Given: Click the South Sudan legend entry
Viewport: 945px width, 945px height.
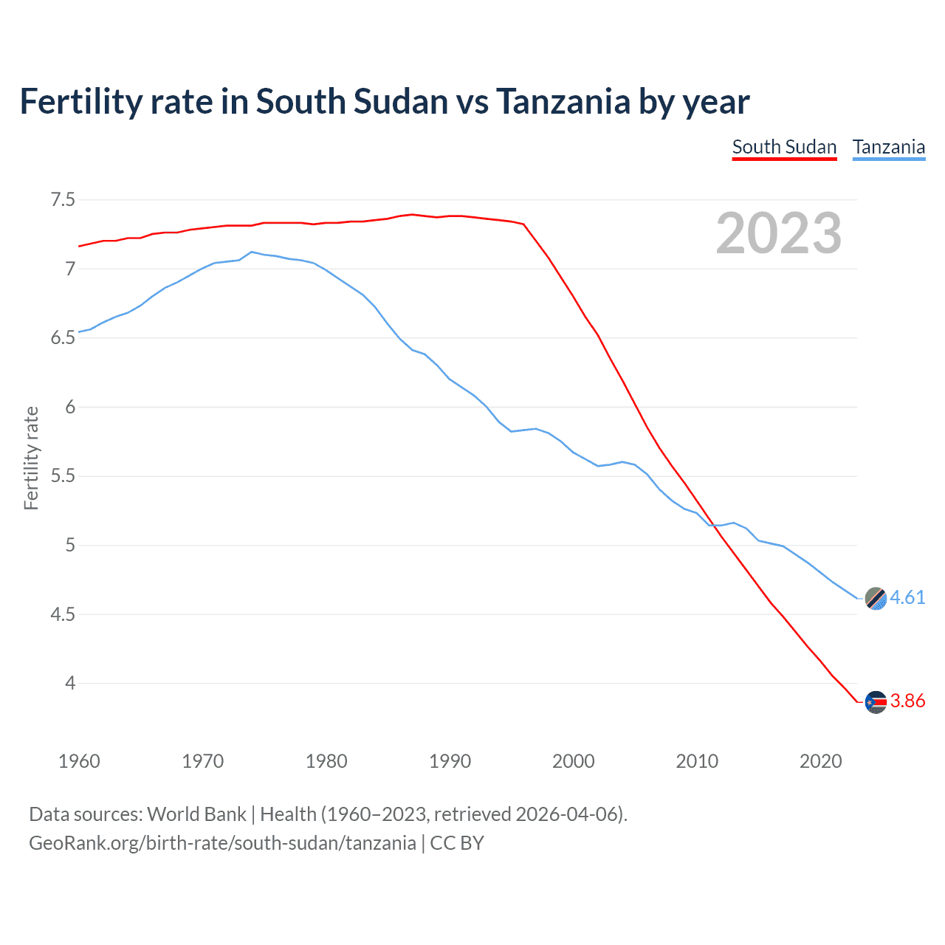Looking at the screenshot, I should (x=784, y=148).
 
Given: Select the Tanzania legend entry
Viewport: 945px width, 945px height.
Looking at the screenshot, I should (x=889, y=148).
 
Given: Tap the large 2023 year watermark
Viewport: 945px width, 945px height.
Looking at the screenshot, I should (x=779, y=233).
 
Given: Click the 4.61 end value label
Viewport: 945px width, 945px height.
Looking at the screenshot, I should (x=907, y=597).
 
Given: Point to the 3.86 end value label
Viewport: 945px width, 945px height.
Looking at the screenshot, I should (x=907, y=701).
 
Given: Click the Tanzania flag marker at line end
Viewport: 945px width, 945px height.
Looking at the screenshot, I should (x=876, y=599).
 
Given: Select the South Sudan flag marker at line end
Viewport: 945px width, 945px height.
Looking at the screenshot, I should (x=876, y=702).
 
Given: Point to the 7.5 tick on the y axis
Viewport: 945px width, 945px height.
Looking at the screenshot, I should (x=63, y=200).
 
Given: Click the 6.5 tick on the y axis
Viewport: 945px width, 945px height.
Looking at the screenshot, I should (x=63, y=338).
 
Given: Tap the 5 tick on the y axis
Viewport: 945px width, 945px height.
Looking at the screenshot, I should (x=70, y=546).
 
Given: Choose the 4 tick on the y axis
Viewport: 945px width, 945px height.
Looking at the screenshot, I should (x=70, y=684).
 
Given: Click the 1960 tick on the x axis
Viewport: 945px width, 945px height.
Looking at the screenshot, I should (x=79, y=761).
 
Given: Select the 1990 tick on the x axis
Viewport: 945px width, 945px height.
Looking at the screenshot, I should (x=450, y=761).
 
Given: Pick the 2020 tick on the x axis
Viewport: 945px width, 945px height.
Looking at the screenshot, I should (x=820, y=761).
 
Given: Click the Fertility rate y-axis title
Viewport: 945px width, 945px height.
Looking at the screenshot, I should (x=31, y=458).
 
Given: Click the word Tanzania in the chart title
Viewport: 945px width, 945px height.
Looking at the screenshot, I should (x=563, y=102).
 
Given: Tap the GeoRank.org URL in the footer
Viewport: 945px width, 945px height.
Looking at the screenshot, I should (x=222, y=843).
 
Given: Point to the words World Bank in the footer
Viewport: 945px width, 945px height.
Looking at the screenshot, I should (x=196, y=814).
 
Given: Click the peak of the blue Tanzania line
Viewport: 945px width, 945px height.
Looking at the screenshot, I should (x=252, y=252).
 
